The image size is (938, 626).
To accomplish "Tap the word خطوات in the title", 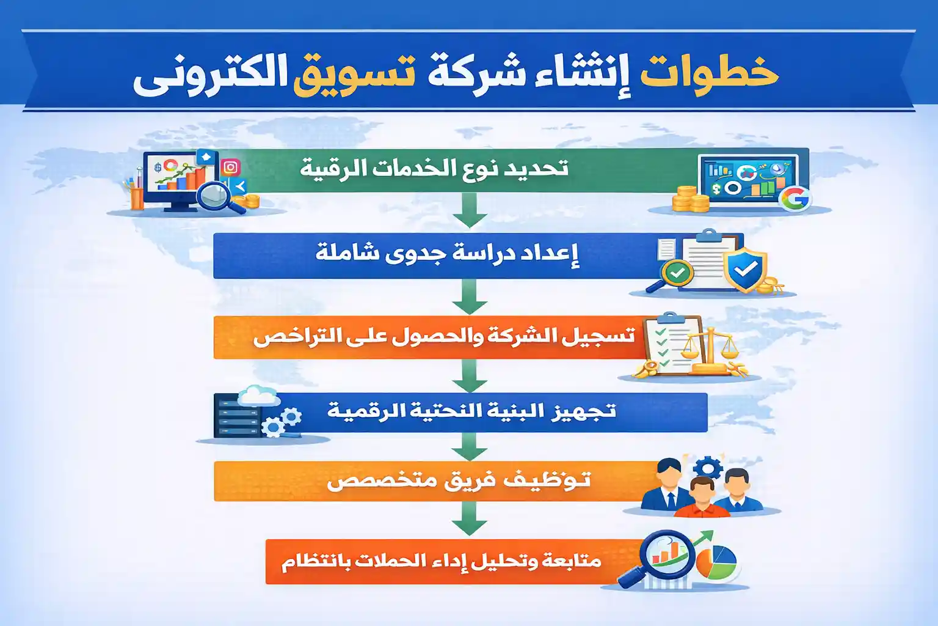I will coord(710,73).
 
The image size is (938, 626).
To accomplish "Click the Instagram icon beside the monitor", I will coord(230,167).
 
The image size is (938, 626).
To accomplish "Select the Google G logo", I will coord(794,198).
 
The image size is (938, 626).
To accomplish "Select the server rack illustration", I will coord(236,416).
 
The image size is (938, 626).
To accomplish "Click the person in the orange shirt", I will coord(702,498).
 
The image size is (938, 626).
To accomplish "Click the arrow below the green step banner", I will coord(469,211).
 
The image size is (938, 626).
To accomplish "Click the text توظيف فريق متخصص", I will coord(458,481).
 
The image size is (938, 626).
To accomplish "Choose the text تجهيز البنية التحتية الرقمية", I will coord(471,411).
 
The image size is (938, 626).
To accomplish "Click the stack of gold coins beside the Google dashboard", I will coord(688,199).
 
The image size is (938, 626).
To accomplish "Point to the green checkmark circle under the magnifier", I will coord(677,273).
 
